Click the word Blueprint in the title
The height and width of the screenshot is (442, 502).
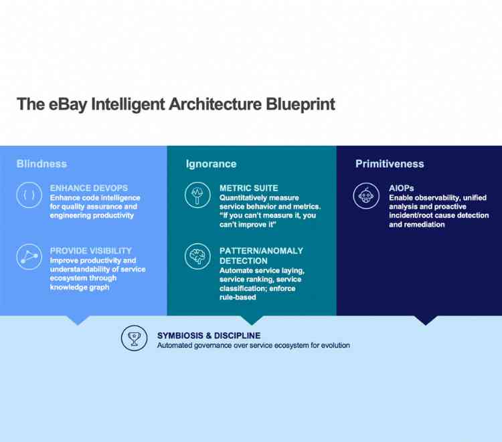click(301, 104)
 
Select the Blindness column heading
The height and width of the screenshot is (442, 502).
click(41, 164)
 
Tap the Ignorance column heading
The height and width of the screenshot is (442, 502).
click(211, 164)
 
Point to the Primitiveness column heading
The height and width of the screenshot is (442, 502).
click(390, 164)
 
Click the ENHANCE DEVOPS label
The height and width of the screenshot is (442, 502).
click(88, 189)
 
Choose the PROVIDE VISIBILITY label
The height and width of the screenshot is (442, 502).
click(90, 251)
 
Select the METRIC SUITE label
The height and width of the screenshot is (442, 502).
click(248, 189)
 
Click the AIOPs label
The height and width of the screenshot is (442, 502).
click(402, 189)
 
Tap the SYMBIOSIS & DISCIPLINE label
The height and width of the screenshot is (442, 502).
click(209, 336)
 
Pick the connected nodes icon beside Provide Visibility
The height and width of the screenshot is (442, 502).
click(29, 257)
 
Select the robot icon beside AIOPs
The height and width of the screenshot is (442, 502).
click(367, 195)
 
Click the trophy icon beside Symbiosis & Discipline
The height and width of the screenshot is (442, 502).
click(134, 338)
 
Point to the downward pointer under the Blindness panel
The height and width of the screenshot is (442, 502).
click(78, 320)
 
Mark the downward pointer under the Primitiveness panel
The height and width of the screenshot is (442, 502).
click(424, 320)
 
